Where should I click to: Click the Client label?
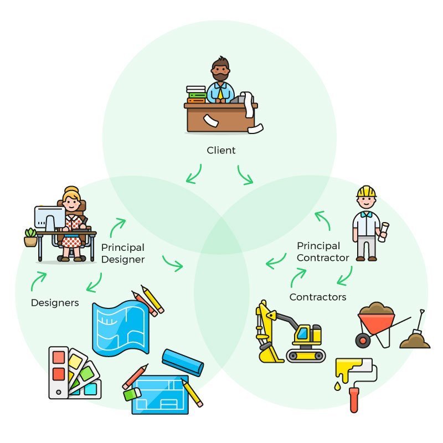221,150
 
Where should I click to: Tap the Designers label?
55,303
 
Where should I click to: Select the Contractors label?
318,297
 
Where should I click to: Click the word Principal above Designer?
122,248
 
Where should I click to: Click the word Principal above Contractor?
318,245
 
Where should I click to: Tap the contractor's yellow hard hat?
366,192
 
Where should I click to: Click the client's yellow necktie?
220,93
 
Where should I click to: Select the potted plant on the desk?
31,237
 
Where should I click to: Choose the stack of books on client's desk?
196,95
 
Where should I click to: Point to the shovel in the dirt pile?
417,329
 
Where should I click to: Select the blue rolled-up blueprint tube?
183,362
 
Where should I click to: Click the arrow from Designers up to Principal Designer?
38,281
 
